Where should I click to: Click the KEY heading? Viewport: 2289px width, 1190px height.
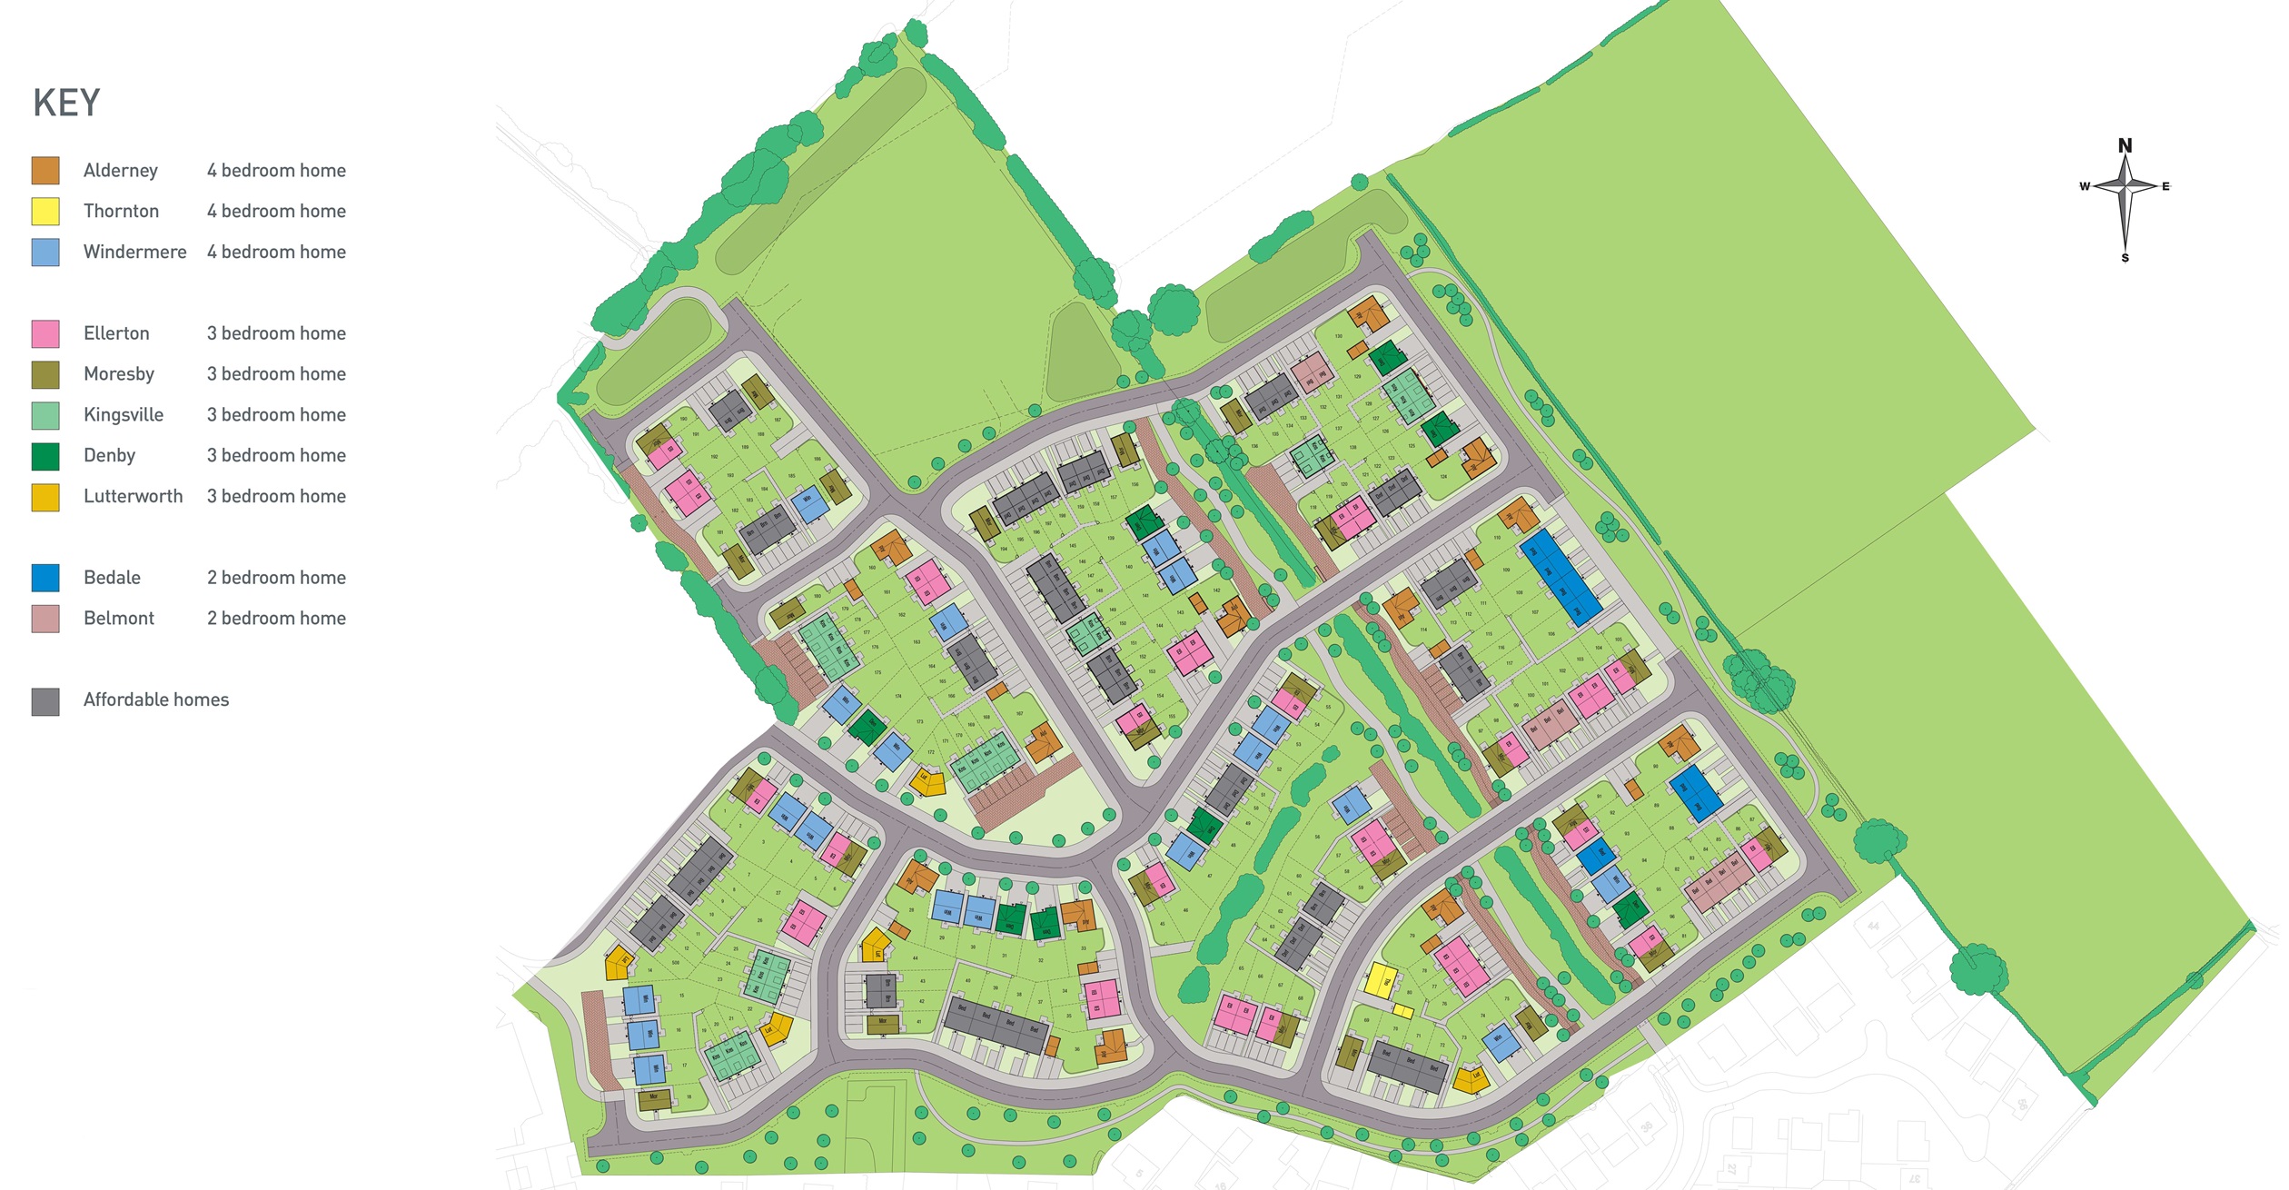coord(66,103)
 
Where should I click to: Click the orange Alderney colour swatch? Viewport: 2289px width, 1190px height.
coord(45,171)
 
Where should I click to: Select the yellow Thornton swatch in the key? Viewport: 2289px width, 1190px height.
coord(45,212)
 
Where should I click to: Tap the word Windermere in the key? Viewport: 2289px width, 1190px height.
coord(134,252)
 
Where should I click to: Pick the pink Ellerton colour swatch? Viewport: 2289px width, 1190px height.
coord(45,333)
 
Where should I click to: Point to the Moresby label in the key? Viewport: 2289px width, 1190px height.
coord(118,374)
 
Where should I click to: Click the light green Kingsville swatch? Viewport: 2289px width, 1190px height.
coord(45,415)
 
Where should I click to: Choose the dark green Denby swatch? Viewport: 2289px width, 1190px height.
coord(45,456)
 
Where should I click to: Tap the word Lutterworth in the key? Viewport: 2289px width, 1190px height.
coord(133,496)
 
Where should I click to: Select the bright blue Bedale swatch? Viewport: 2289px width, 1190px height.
coord(45,578)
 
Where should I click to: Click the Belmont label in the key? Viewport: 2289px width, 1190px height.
coord(118,619)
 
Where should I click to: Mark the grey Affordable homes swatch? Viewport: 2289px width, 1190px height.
coord(45,700)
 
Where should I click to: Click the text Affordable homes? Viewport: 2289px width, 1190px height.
coord(156,699)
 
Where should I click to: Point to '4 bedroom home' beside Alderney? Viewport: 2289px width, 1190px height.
coord(276,171)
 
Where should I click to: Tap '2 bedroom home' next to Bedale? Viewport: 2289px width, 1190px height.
coord(276,578)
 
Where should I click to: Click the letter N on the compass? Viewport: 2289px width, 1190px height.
coord(2125,146)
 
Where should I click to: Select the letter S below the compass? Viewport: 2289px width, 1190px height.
coord(2125,258)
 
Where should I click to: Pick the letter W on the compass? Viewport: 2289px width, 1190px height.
coord(2085,186)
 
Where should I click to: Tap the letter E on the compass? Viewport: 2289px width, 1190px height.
coord(2165,186)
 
